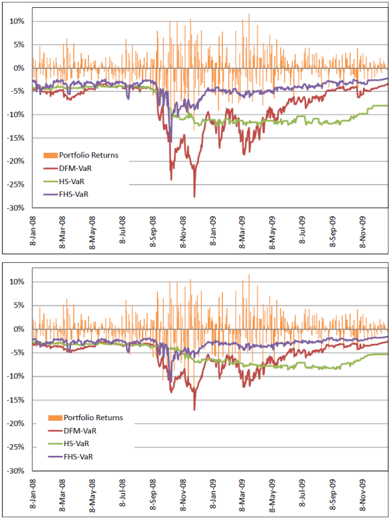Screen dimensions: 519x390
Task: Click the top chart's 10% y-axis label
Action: [16, 21]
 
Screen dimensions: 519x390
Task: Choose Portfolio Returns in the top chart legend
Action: [90, 155]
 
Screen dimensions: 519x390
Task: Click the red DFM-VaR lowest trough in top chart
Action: [194, 196]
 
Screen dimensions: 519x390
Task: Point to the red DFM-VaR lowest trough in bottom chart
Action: [194, 409]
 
